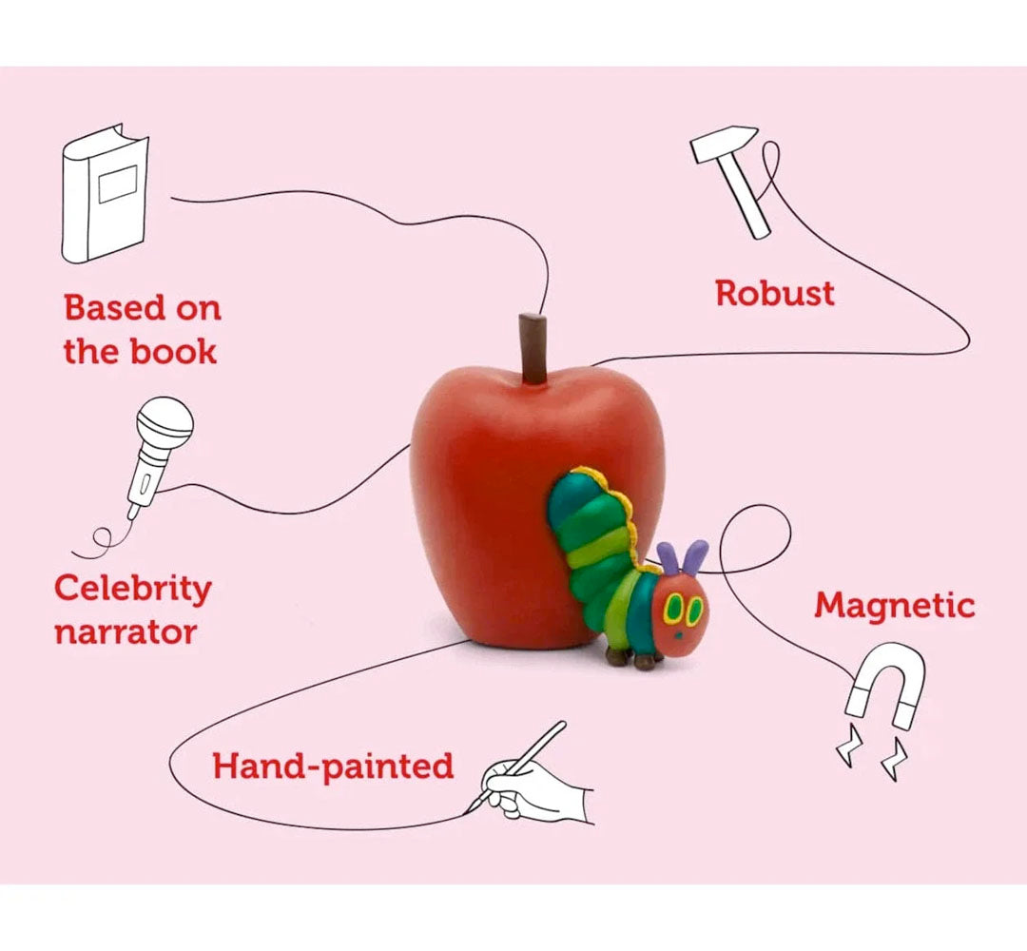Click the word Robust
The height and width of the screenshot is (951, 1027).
(774, 294)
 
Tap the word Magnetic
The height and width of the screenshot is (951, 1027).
(894, 606)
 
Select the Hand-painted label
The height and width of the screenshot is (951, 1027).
(333, 766)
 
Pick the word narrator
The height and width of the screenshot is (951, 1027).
(126, 632)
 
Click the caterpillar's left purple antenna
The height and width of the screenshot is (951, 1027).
(668, 559)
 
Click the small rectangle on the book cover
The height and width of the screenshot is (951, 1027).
(117, 183)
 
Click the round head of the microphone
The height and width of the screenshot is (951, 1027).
(165, 423)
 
